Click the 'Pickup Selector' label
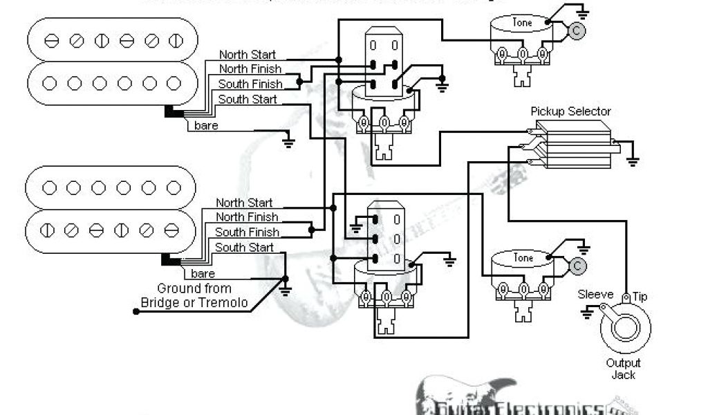[570, 111]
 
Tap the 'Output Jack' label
[624, 369]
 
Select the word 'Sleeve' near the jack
[595, 295]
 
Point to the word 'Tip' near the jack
[640, 296]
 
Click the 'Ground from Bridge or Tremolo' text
[194, 295]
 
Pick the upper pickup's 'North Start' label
[247, 55]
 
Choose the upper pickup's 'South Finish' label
[250, 84]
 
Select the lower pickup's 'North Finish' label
[247, 217]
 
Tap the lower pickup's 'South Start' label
[243, 248]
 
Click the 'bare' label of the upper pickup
[205, 126]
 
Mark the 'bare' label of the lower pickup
[203, 274]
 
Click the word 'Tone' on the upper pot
[523, 23]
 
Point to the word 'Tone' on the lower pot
[523, 258]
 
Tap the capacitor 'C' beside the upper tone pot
[575, 30]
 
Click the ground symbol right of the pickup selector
[632, 162]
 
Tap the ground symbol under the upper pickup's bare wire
[288, 142]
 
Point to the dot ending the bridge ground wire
[136, 311]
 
